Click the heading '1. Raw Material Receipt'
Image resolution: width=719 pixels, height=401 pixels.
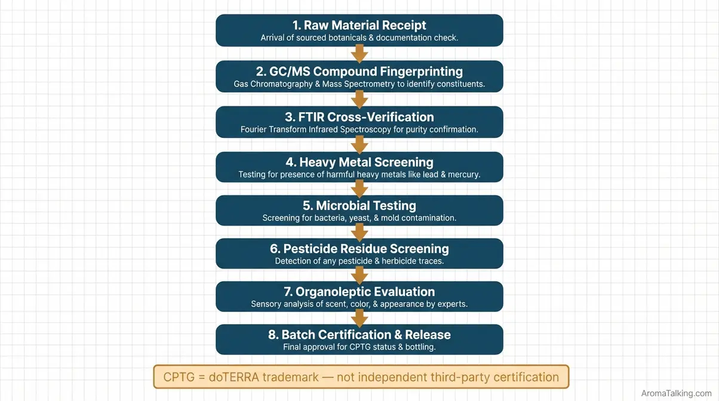pyautogui.click(x=359, y=25)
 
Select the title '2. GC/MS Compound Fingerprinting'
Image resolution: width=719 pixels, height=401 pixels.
pyautogui.click(x=359, y=71)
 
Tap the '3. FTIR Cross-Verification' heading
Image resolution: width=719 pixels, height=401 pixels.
pyautogui.click(x=359, y=117)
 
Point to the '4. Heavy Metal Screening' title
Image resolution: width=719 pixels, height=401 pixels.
pyautogui.click(x=359, y=162)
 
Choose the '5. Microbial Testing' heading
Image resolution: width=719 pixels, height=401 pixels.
pyautogui.click(x=359, y=205)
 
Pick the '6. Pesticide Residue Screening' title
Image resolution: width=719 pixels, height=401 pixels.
pyautogui.click(x=359, y=248)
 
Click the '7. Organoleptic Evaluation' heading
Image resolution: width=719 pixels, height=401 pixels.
pyautogui.click(x=359, y=292)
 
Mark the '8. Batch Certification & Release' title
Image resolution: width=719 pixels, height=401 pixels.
pyautogui.click(x=359, y=335)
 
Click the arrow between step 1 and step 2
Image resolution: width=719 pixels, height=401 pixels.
pyautogui.click(x=359, y=54)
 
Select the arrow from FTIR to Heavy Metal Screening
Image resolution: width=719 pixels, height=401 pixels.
pyautogui.click(x=359, y=144)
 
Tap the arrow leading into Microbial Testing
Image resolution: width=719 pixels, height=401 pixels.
pyautogui.click(x=359, y=189)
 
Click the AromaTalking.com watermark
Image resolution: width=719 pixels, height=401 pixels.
pyautogui.click(x=676, y=393)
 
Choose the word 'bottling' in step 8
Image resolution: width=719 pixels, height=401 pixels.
pyautogui.click(x=418, y=347)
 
